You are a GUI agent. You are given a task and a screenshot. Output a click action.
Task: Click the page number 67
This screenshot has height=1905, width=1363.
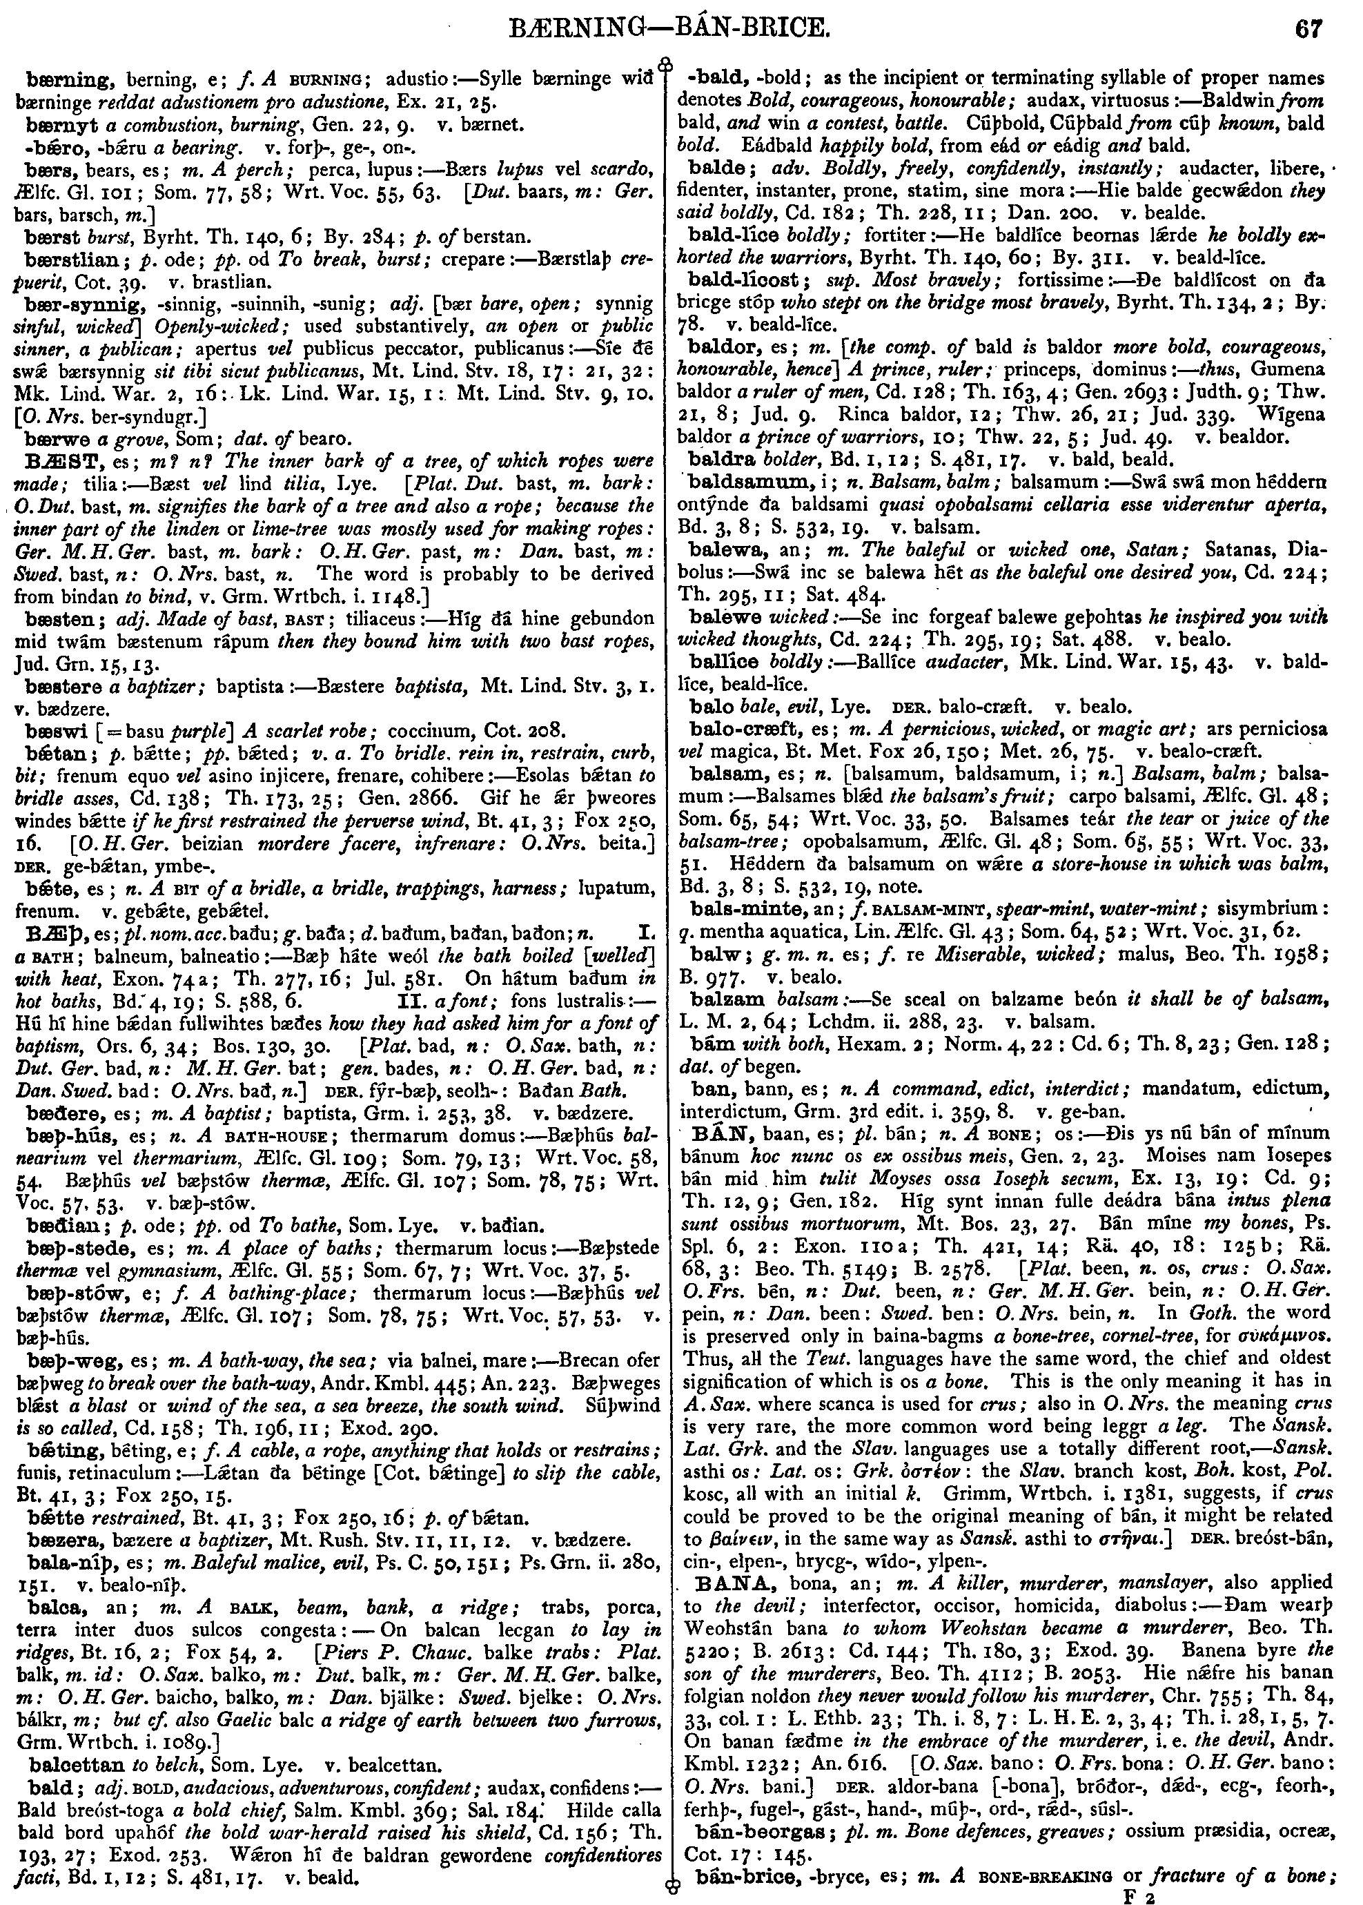(1309, 30)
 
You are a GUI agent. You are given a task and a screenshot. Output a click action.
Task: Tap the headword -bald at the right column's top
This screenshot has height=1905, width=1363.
(718, 79)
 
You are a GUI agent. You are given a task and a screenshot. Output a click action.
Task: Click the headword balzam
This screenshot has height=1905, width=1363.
(726, 999)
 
